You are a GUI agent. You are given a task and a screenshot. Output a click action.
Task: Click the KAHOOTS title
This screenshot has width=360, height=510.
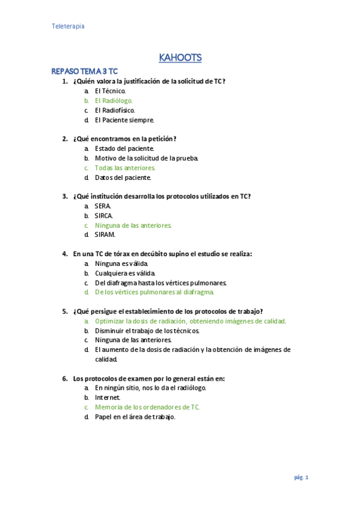pos(180,58)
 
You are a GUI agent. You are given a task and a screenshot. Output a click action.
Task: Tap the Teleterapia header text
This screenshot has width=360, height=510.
pos(68,26)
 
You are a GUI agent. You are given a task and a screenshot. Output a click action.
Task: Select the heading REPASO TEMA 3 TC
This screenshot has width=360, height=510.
pos(85,71)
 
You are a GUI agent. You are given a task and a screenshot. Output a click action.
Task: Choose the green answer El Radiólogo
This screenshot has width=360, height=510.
pos(114,100)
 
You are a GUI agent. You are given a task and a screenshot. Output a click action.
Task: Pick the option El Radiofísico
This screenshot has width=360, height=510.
pos(115,110)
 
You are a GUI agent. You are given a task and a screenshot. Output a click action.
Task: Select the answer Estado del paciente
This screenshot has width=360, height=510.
pos(124,149)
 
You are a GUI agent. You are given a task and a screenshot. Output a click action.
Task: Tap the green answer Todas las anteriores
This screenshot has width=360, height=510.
pos(125,168)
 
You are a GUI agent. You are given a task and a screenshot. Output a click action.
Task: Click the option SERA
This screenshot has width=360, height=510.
pos(103,206)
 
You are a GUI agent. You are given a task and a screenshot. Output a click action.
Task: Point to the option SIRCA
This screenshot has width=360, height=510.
pos(104,215)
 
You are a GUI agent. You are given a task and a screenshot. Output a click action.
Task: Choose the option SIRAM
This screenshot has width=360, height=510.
pos(105,235)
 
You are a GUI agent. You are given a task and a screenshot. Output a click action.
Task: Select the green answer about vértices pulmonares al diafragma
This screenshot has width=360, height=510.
pos(154,292)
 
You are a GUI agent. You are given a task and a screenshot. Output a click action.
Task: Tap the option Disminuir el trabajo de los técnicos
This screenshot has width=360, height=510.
pos(147,331)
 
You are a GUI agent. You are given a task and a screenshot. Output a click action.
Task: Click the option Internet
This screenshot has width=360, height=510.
pos(108,398)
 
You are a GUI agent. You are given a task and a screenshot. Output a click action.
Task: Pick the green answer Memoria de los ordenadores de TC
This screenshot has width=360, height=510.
pos(147,407)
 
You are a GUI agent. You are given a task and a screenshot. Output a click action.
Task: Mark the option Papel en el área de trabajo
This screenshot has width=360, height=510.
pos(135,417)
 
